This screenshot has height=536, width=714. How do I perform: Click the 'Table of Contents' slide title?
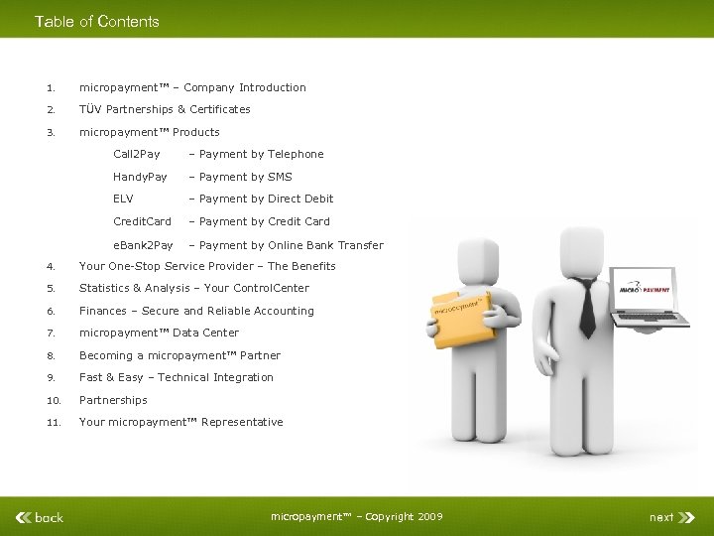[96, 21]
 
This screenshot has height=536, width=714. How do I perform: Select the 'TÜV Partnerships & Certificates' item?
[165, 109]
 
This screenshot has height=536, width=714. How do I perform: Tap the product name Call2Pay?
[136, 154]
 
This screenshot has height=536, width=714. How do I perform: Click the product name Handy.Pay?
[140, 177]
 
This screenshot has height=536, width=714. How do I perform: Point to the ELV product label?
[123, 199]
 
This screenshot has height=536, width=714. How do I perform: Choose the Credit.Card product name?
[142, 221]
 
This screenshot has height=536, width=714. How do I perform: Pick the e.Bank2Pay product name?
[143, 245]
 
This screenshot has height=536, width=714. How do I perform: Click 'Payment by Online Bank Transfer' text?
[291, 245]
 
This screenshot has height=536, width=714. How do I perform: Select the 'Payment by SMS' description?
[245, 177]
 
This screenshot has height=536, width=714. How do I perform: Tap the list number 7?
[50, 333]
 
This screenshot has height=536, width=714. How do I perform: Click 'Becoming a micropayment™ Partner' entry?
[179, 355]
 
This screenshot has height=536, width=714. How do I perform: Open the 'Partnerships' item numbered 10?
[113, 400]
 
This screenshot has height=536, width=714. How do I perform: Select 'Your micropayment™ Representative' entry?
[180, 422]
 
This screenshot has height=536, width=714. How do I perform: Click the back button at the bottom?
[41, 516]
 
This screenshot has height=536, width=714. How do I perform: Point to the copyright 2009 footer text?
[356, 516]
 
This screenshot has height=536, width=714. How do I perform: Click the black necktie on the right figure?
[586, 308]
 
